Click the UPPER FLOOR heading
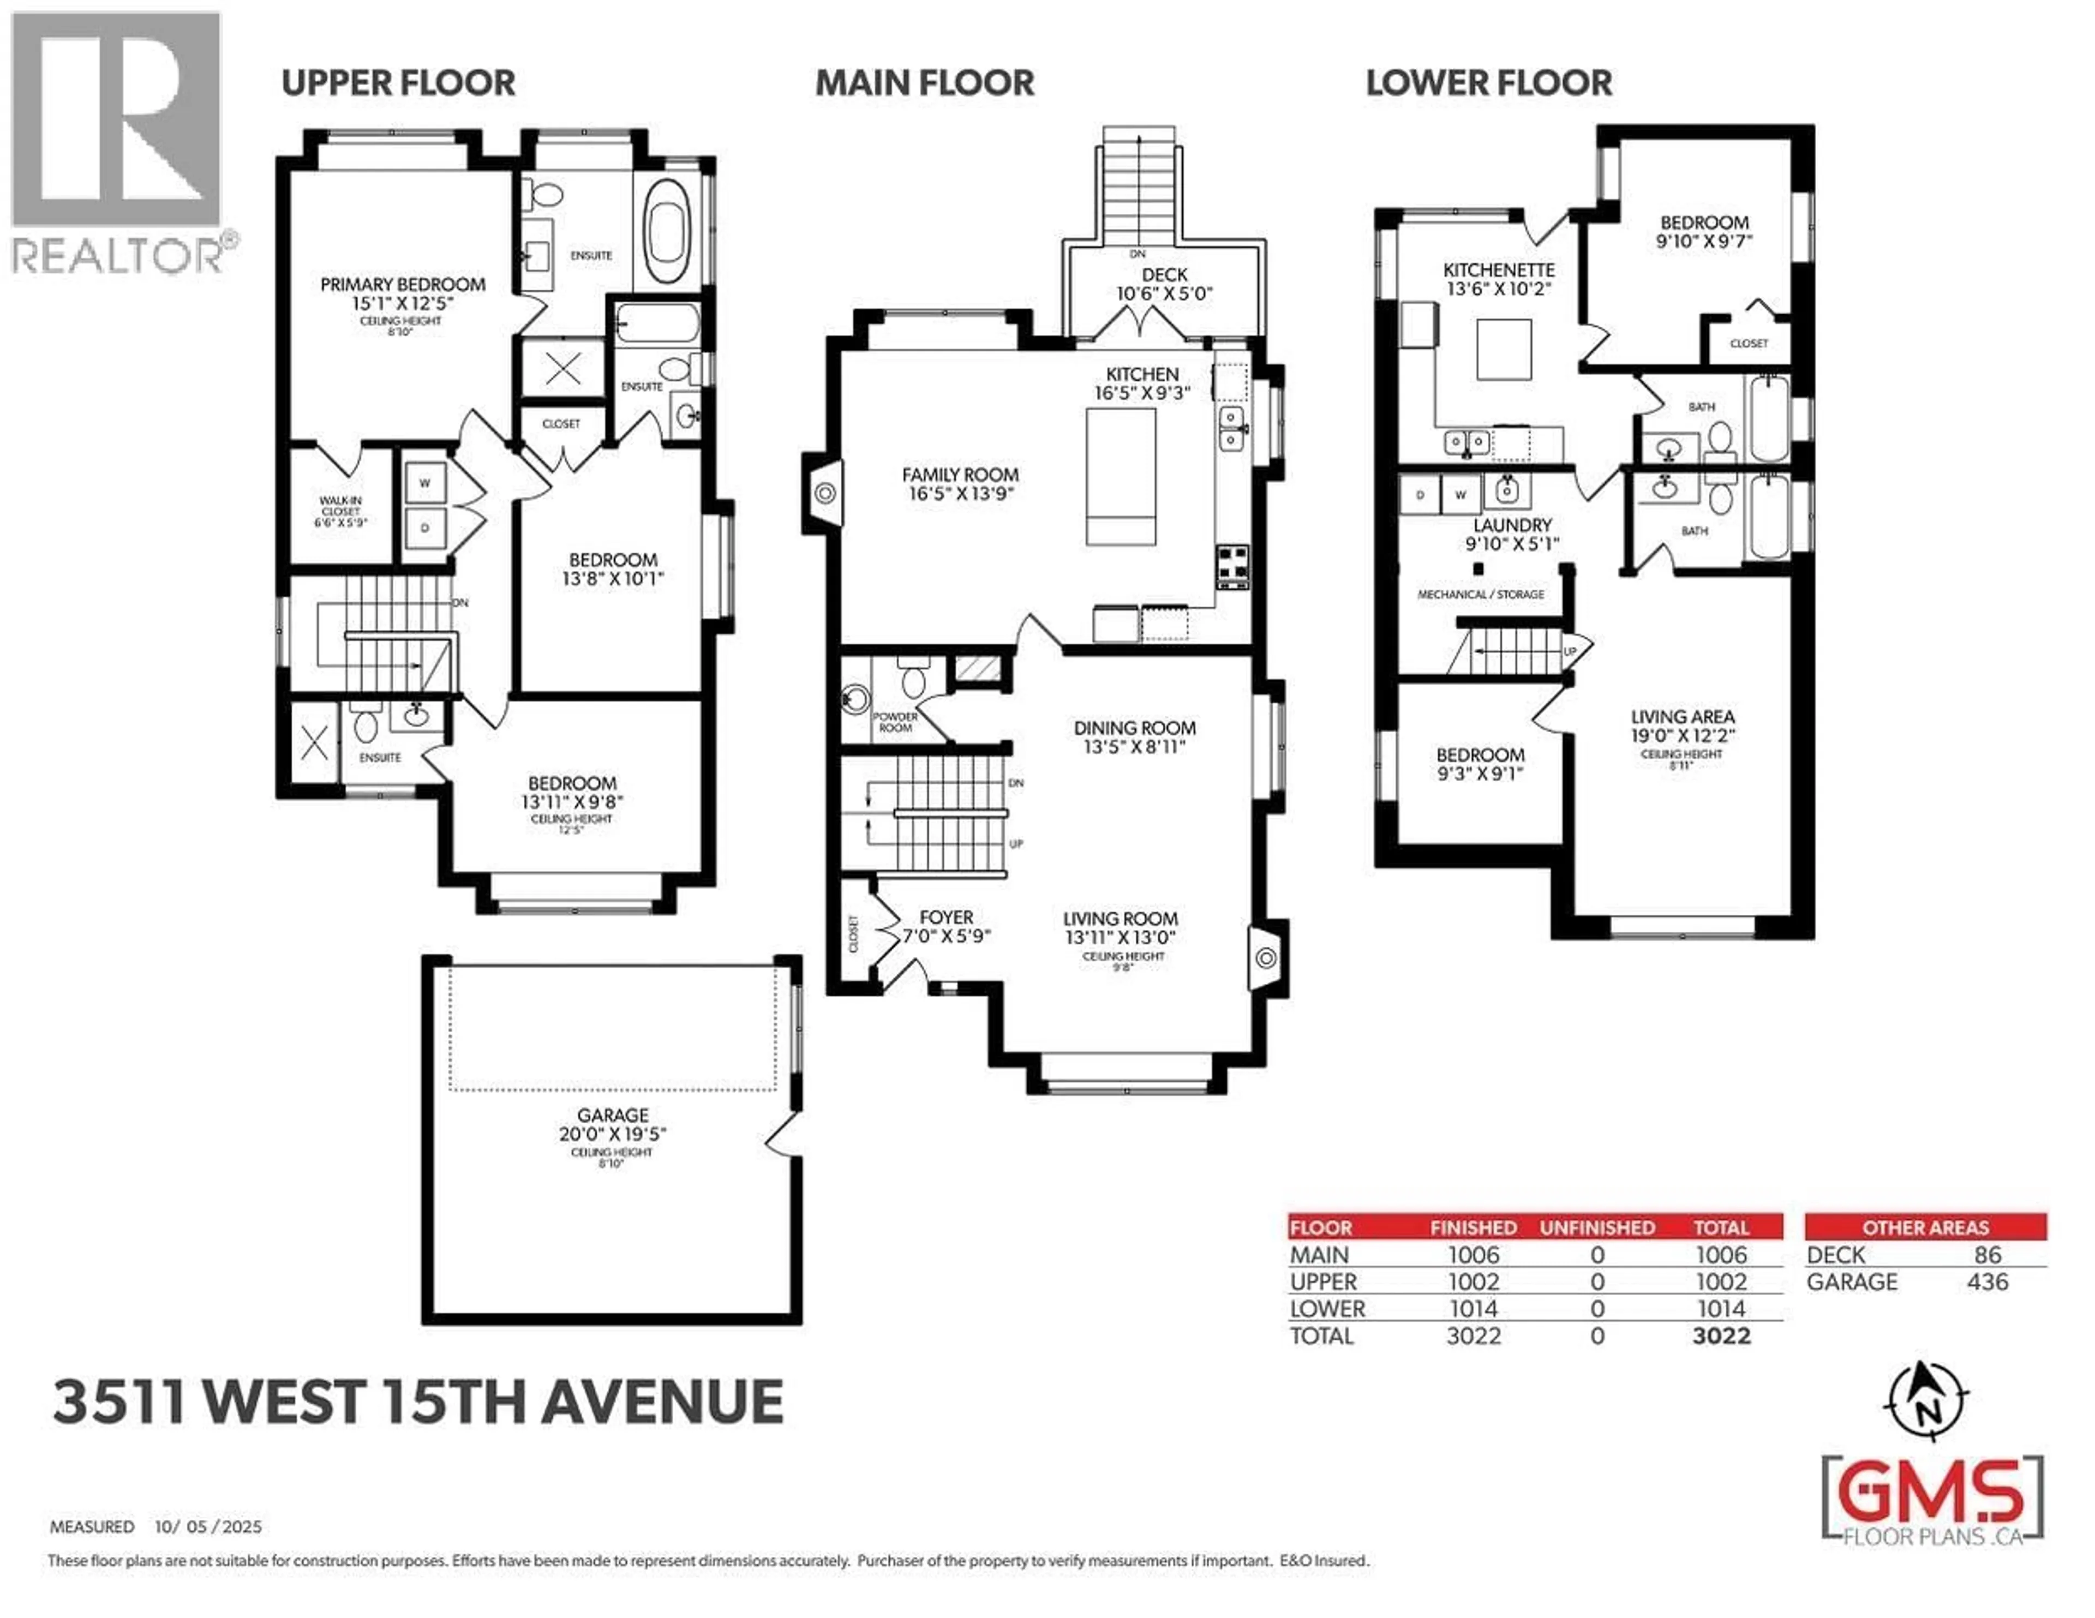pyautogui.click(x=398, y=83)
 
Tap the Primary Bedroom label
pyautogui.click(x=402, y=285)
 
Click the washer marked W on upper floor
pyautogui.click(x=424, y=483)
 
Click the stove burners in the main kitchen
pyautogui.click(x=1232, y=565)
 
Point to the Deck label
pyautogui.click(x=1165, y=275)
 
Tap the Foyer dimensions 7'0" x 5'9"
pyautogui.click(x=946, y=935)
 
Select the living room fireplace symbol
pyautogui.click(x=1266, y=957)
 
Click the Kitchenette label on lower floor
pyautogui.click(x=1498, y=271)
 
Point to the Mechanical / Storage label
pyautogui.click(x=1480, y=595)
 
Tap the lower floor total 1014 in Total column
pyautogui.click(x=1721, y=1309)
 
